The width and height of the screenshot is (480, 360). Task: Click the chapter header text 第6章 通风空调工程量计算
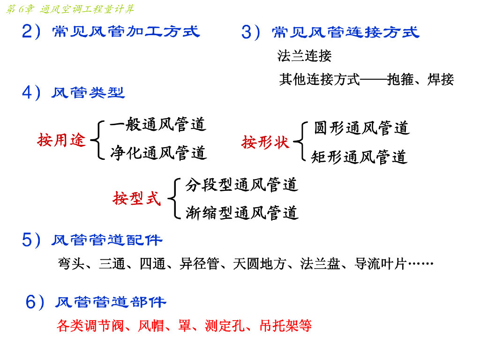pyautogui.click(x=70, y=9)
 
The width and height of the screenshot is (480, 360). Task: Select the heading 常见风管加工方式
pyautogui.click(x=126, y=31)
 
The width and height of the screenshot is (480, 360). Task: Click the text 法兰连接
pyautogui.click(x=304, y=57)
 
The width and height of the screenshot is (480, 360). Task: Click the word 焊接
pyautogui.click(x=441, y=80)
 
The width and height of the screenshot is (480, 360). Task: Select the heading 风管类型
pyautogui.click(x=88, y=93)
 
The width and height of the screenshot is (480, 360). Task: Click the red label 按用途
pyautogui.click(x=62, y=139)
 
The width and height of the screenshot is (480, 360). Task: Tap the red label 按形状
pyautogui.click(x=265, y=142)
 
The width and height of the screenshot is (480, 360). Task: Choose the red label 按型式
pyautogui.click(x=136, y=198)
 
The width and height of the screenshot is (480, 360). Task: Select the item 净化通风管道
pyautogui.click(x=159, y=153)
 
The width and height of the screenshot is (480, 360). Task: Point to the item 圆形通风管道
pyautogui.click(x=361, y=128)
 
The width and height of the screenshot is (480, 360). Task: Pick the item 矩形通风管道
pyautogui.click(x=359, y=157)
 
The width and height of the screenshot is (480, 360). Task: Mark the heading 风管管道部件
pyautogui.click(x=111, y=302)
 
